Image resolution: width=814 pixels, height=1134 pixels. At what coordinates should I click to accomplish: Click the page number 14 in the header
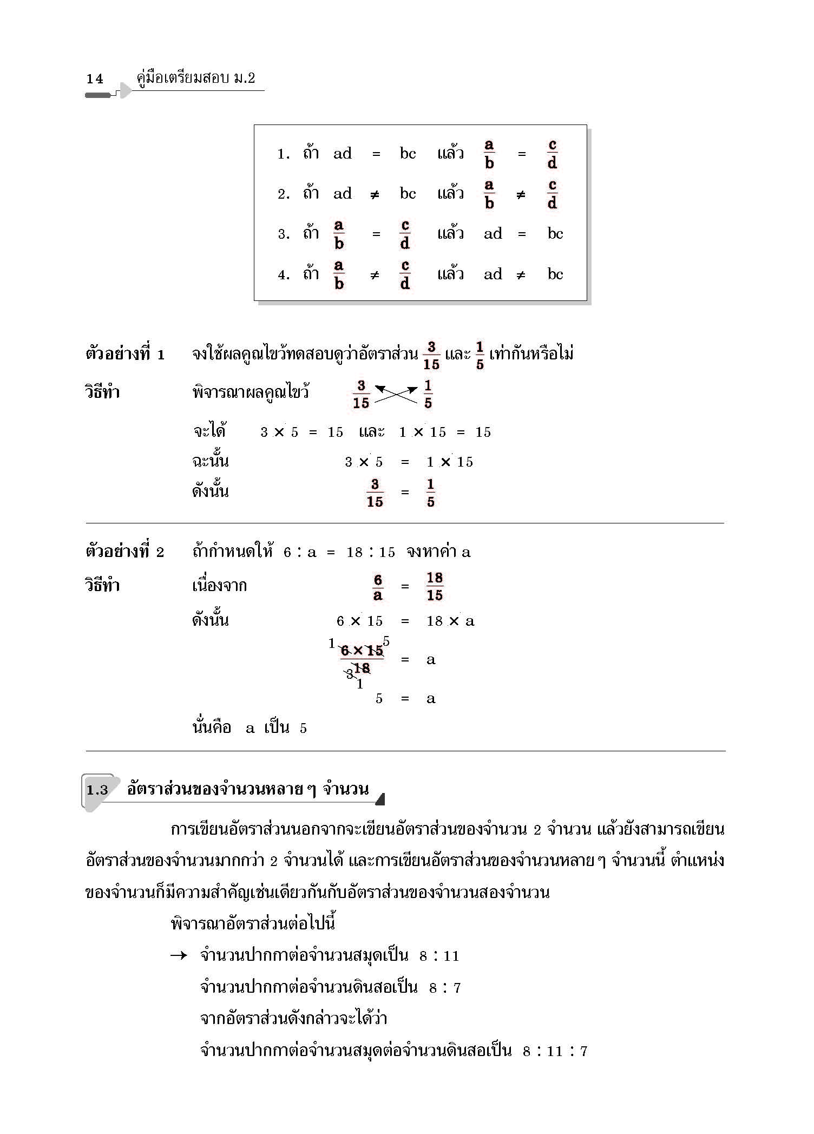(95, 79)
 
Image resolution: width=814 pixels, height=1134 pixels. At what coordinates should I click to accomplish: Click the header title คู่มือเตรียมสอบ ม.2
(195, 78)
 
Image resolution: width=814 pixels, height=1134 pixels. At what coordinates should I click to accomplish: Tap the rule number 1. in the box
(284, 154)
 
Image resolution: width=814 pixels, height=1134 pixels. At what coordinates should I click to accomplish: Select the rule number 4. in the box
(284, 275)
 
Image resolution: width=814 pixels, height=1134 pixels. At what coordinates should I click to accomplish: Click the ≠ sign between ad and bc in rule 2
(375, 195)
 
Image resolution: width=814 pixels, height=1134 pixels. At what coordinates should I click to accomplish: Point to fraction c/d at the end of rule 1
(552, 154)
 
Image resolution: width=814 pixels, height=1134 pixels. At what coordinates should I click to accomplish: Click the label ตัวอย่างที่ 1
(125, 355)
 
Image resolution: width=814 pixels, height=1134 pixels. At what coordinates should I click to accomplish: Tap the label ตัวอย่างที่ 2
(125, 552)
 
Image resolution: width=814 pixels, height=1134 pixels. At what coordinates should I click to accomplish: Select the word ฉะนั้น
(211, 461)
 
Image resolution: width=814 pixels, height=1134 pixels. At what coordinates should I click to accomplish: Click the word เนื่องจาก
(219, 586)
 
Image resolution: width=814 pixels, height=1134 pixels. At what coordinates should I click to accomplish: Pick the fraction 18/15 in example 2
(435, 586)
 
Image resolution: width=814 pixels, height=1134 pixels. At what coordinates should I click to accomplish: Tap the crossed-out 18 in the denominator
(362, 668)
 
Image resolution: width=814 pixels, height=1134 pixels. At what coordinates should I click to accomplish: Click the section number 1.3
(97, 790)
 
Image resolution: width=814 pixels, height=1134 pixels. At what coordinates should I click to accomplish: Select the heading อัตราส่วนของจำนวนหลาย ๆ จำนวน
(248, 789)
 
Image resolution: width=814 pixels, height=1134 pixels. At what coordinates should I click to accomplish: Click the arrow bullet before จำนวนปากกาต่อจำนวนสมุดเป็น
(179, 956)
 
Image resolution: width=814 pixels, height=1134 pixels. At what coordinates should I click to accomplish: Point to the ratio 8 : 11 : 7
(555, 1051)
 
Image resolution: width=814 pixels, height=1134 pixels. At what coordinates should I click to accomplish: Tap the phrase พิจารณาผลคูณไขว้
(251, 392)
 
